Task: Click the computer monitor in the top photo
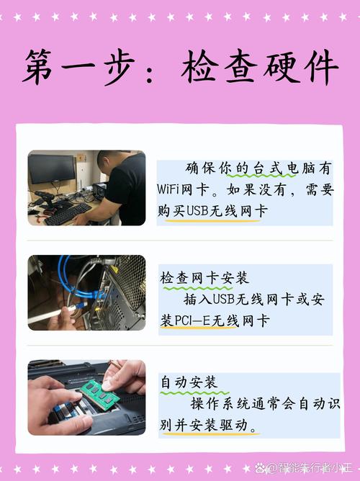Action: point(52,170)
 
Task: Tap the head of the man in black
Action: point(109,163)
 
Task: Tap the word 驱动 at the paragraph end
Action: point(242,426)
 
